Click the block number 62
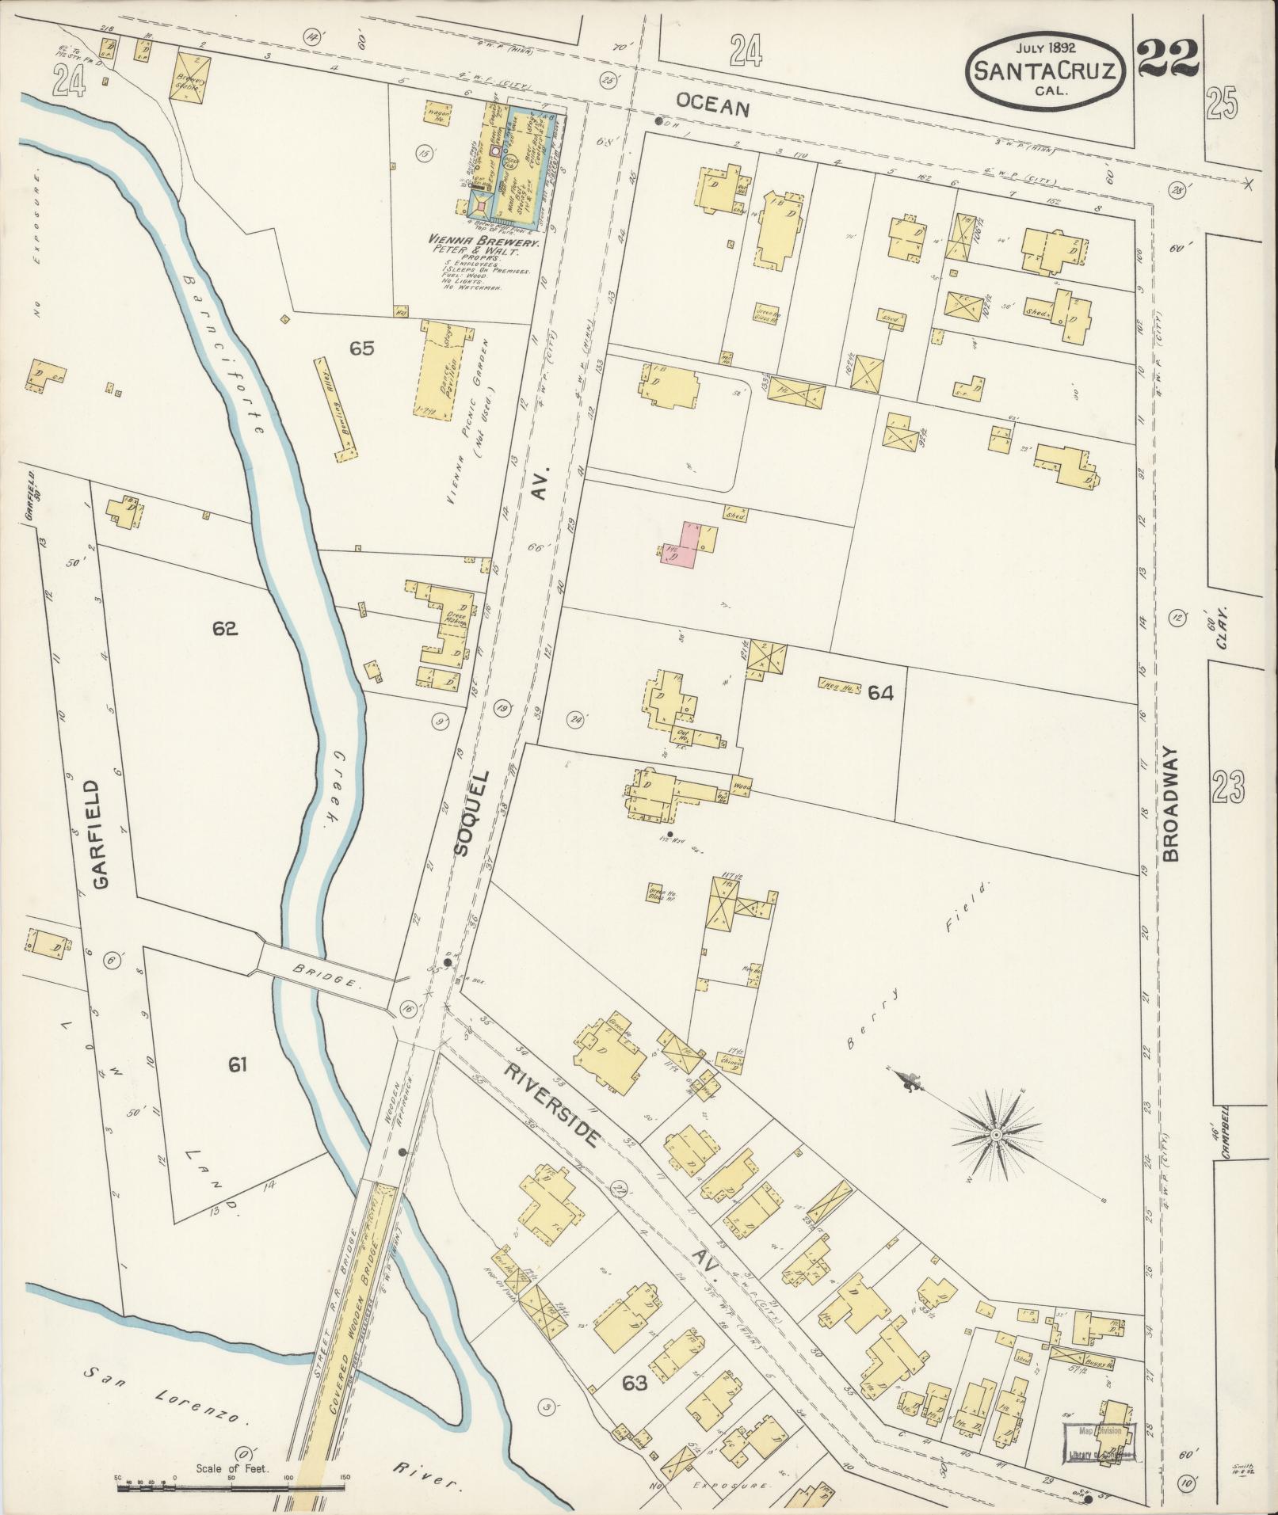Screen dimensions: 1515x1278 [x=225, y=629]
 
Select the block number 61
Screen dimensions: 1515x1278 [x=238, y=1065]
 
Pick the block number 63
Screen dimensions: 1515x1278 [x=635, y=1383]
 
